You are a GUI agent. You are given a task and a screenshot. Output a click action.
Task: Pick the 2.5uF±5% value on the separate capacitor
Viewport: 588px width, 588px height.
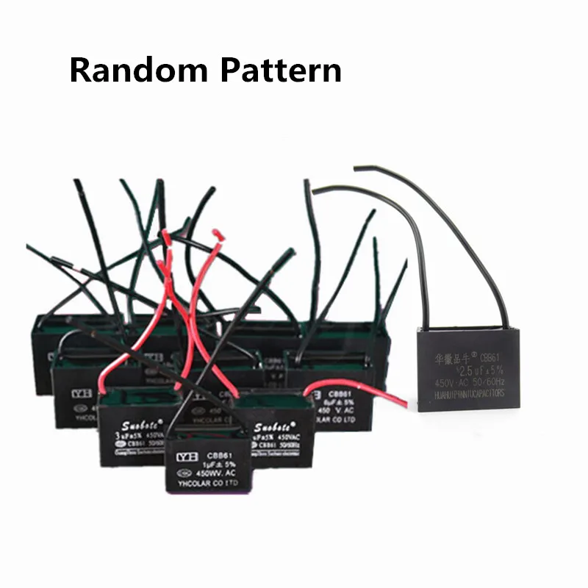[x=481, y=370]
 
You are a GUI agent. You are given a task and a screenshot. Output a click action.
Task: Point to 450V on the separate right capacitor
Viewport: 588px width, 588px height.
[x=442, y=382]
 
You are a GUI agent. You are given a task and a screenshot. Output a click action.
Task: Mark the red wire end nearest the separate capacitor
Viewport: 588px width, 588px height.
[x=404, y=403]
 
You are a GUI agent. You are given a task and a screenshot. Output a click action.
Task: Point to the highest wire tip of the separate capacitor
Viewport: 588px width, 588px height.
[x=356, y=168]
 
